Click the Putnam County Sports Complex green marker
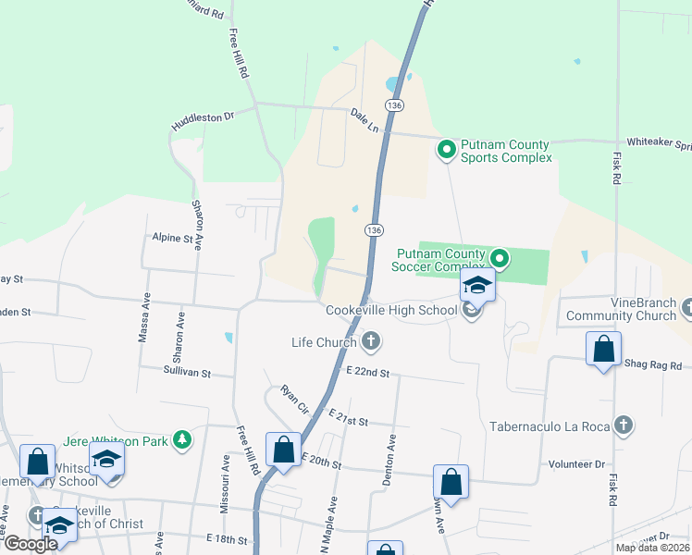click(x=447, y=148)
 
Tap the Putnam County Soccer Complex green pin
click(x=500, y=258)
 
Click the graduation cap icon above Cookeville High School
click(x=477, y=285)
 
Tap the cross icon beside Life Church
click(x=371, y=342)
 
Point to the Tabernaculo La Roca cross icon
click(x=624, y=425)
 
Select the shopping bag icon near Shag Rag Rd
click(x=603, y=351)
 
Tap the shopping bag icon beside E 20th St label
click(x=283, y=450)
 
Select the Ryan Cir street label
click(x=294, y=398)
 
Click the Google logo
click(x=31, y=544)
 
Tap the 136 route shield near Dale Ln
click(x=395, y=106)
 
